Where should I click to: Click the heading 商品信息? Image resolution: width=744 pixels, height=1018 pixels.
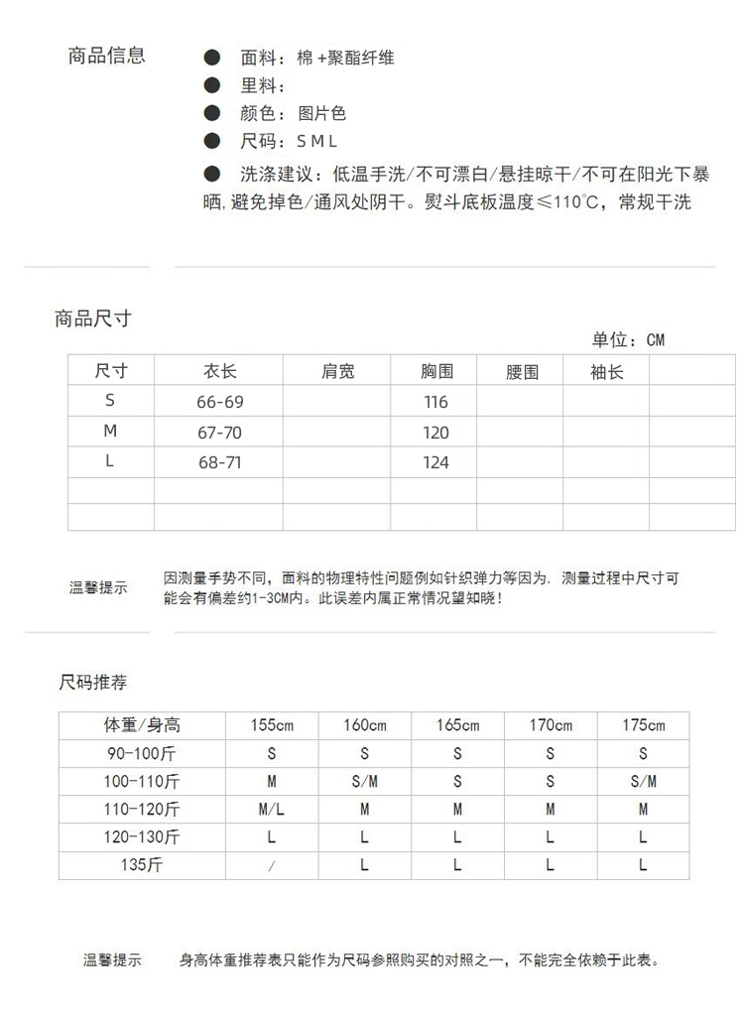pyautogui.click(x=106, y=56)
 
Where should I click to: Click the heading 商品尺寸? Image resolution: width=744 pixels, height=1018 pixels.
pyautogui.click(x=92, y=318)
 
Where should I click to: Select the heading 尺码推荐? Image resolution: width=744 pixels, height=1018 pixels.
pyautogui.click(x=93, y=683)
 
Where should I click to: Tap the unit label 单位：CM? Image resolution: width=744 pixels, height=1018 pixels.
pyautogui.click(x=628, y=339)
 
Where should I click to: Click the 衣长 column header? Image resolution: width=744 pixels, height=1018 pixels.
pyautogui.click(x=220, y=371)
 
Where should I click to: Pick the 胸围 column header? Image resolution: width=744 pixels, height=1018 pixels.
pyautogui.click(x=436, y=371)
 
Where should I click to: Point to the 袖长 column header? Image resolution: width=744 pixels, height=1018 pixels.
pyautogui.click(x=606, y=372)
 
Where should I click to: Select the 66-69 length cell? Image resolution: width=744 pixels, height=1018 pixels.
pyautogui.click(x=220, y=402)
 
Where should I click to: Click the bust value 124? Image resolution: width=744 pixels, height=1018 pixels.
pyautogui.click(x=435, y=462)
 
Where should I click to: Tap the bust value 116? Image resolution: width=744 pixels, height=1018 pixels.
pyautogui.click(x=435, y=402)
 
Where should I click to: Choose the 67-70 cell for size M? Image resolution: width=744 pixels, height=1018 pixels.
pyautogui.click(x=219, y=433)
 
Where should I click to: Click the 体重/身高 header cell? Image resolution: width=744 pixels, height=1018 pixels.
pyautogui.click(x=142, y=725)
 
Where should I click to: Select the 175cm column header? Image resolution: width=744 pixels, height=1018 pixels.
pyautogui.click(x=643, y=725)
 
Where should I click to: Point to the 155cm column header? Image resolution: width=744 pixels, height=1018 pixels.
pyautogui.click(x=271, y=725)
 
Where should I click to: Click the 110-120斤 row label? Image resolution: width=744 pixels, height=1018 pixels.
pyautogui.click(x=142, y=809)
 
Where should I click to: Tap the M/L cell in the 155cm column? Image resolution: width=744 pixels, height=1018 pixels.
pyautogui.click(x=271, y=809)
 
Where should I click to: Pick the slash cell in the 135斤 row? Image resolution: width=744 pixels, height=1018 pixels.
pyautogui.click(x=271, y=865)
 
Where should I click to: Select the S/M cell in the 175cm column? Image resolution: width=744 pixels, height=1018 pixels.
pyautogui.click(x=643, y=781)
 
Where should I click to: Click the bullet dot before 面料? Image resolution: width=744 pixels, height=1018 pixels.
pyautogui.click(x=211, y=58)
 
